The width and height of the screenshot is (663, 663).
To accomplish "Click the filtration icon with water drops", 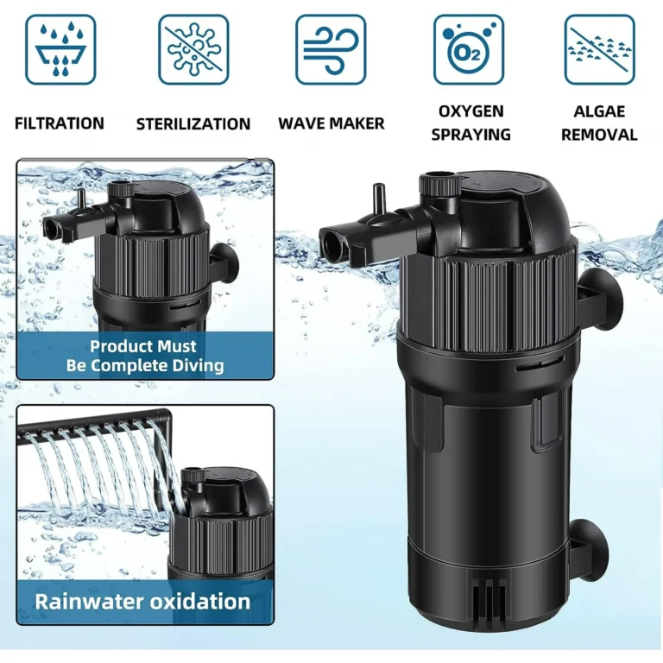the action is tap(60, 49).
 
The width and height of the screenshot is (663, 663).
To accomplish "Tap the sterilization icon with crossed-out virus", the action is tap(193, 49).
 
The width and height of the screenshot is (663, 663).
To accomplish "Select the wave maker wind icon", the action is tap(331, 49).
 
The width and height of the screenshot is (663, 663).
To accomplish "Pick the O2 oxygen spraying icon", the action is tap(469, 49).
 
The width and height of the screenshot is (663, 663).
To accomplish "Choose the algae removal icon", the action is tap(600, 49).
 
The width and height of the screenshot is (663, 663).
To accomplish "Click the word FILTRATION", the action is tap(60, 123).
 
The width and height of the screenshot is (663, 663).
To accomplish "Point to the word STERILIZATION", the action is tap(193, 124).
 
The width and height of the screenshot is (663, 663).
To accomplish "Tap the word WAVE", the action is tap(300, 123).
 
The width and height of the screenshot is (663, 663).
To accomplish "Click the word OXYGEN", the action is tap(471, 111).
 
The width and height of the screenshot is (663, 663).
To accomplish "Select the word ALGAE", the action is tap(599, 111).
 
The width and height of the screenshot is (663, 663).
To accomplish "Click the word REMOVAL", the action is tap(599, 135).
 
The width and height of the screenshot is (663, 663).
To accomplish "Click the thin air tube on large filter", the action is tap(378, 199).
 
